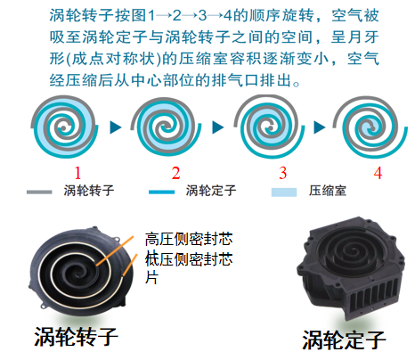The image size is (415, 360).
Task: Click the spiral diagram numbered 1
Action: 64,127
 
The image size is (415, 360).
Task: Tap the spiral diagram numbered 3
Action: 270,127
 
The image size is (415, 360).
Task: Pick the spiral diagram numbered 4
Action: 370,127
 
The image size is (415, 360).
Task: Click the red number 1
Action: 77,173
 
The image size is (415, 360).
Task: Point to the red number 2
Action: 175,173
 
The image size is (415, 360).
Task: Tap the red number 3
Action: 282,173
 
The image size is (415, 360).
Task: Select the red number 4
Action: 378,173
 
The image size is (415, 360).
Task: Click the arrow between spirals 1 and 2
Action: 116,127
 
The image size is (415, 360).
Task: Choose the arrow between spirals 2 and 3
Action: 217,127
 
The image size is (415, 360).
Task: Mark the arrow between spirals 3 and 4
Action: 319,127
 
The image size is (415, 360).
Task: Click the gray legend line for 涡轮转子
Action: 39,192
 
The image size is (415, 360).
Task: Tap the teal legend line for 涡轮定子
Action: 161,192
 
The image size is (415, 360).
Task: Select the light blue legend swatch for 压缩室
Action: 284,192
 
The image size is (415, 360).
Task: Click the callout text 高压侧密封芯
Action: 189,240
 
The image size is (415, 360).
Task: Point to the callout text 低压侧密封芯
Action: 189,259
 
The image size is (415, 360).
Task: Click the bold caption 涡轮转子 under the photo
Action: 77,337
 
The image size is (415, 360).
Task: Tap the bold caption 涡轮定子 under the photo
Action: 344,340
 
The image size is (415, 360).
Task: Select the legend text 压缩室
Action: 328,191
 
